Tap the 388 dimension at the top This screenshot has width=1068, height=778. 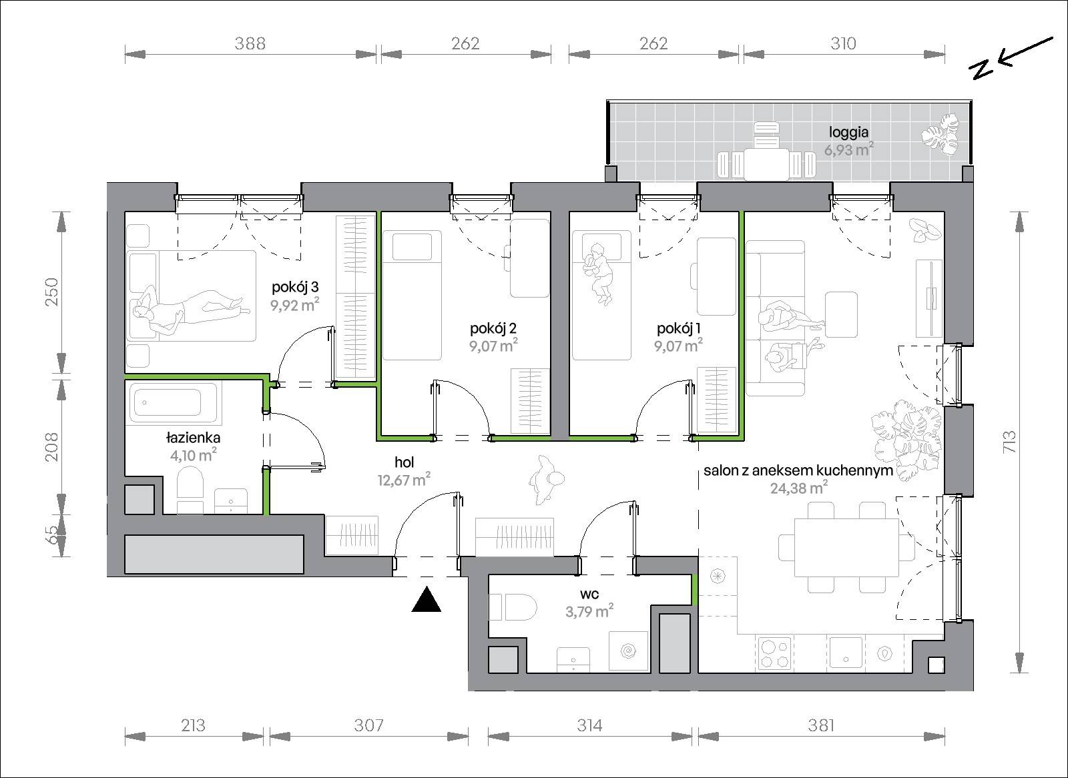250,44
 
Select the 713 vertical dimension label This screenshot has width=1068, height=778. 1009,442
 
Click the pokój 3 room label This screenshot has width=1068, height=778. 295,287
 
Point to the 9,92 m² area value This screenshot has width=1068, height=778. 294,304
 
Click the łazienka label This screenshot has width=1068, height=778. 193,437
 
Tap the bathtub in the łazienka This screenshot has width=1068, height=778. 174,403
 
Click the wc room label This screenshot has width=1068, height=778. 589,594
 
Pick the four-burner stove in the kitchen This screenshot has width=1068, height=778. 775,654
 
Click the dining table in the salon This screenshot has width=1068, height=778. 846,547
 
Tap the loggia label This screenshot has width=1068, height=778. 848,132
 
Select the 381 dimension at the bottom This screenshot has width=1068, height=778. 821,725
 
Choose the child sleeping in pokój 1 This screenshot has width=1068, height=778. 598,273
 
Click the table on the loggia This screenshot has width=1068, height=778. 766,164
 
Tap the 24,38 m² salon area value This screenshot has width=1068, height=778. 799,488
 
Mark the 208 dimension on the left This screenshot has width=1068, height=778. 51,446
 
